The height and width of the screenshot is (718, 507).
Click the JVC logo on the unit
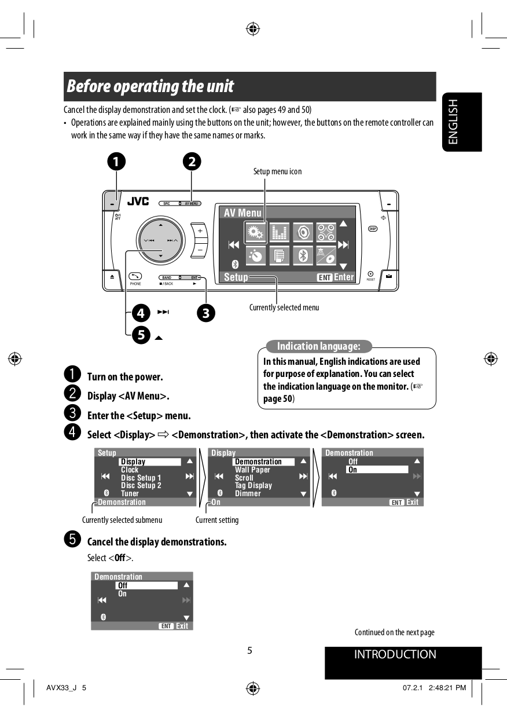(138, 202)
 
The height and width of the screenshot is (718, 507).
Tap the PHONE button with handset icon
(135, 276)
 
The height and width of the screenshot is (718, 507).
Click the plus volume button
(200, 230)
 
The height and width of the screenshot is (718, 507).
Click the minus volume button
(200, 248)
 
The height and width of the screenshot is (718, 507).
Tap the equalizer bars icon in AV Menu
(279, 233)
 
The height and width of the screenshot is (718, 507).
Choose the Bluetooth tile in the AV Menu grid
(303, 255)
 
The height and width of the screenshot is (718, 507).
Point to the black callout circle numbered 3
(205, 313)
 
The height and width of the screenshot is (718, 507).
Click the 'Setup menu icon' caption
(277, 171)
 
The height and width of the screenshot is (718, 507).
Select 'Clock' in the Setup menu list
(130, 470)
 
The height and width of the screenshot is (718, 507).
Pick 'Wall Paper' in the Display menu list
(252, 470)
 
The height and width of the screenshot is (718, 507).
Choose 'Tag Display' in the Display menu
(253, 486)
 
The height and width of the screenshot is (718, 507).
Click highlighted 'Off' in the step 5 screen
(146, 585)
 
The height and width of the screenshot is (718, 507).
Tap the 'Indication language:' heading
(318, 346)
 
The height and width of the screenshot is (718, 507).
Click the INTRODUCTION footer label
(395, 655)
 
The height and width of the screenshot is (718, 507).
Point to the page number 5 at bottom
(249, 650)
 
